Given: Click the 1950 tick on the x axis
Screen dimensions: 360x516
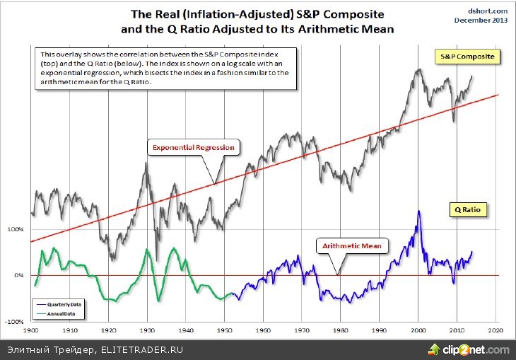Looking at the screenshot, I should click(225, 330).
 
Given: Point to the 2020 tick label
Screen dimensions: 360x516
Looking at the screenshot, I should click(496, 330).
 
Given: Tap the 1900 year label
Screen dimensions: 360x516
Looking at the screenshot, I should click(31, 330).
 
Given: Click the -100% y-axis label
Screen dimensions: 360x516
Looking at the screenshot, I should click(15, 322).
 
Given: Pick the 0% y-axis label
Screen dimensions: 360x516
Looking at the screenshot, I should click(19, 275).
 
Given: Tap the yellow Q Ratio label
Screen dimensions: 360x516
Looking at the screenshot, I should click(467, 209).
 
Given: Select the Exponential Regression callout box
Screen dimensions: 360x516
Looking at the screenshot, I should click(193, 147).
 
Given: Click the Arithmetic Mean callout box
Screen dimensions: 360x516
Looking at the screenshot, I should click(351, 246).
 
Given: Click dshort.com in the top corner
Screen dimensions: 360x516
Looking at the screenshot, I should click(487, 11).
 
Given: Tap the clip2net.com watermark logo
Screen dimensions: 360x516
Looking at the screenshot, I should click(467, 349).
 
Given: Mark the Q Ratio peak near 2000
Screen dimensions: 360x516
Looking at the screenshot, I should click(419, 211).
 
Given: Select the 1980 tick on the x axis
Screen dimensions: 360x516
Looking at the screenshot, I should click(341, 330).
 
